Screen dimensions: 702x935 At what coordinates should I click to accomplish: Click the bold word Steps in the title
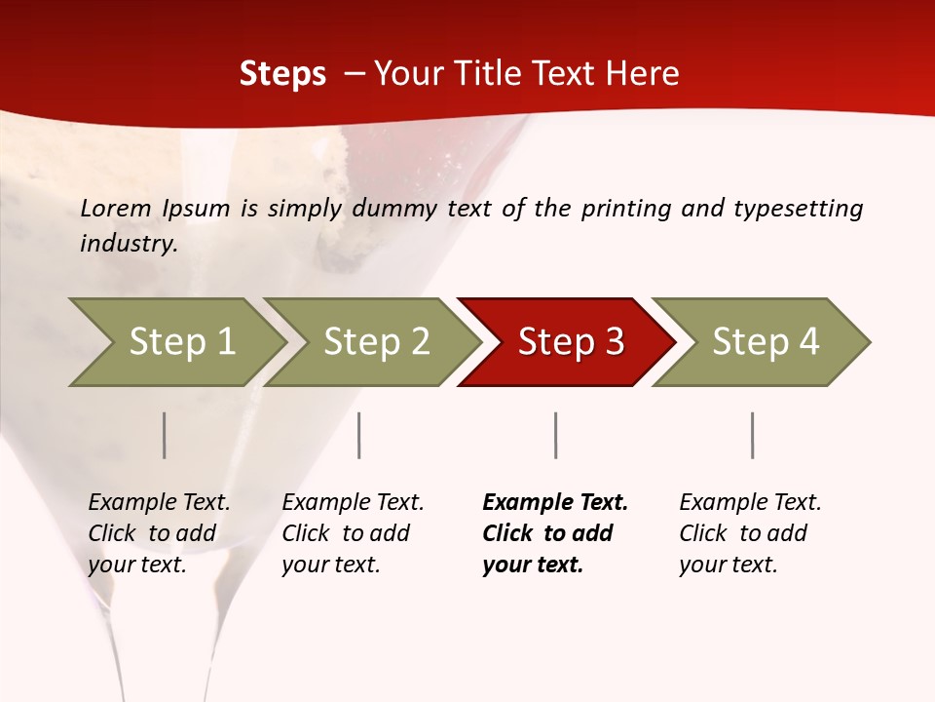[x=282, y=74]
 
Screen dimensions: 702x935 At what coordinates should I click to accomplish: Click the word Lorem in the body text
[x=116, y=209]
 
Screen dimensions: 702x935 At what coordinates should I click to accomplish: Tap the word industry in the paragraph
[x=129, y=244]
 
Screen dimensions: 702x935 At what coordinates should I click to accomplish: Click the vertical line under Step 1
[x=165, y=435]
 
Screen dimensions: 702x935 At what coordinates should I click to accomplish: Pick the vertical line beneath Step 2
[x=359, y=435]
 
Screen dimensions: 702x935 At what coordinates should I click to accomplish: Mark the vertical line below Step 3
[x=556, y=435]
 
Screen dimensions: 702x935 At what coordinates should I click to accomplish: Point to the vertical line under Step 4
[x=753, y=435]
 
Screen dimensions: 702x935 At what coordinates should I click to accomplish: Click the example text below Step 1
[x=159, y=533]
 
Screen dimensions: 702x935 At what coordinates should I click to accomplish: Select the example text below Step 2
[x=353, y=533]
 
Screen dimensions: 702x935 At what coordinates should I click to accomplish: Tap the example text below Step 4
[x=750, y=533]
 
